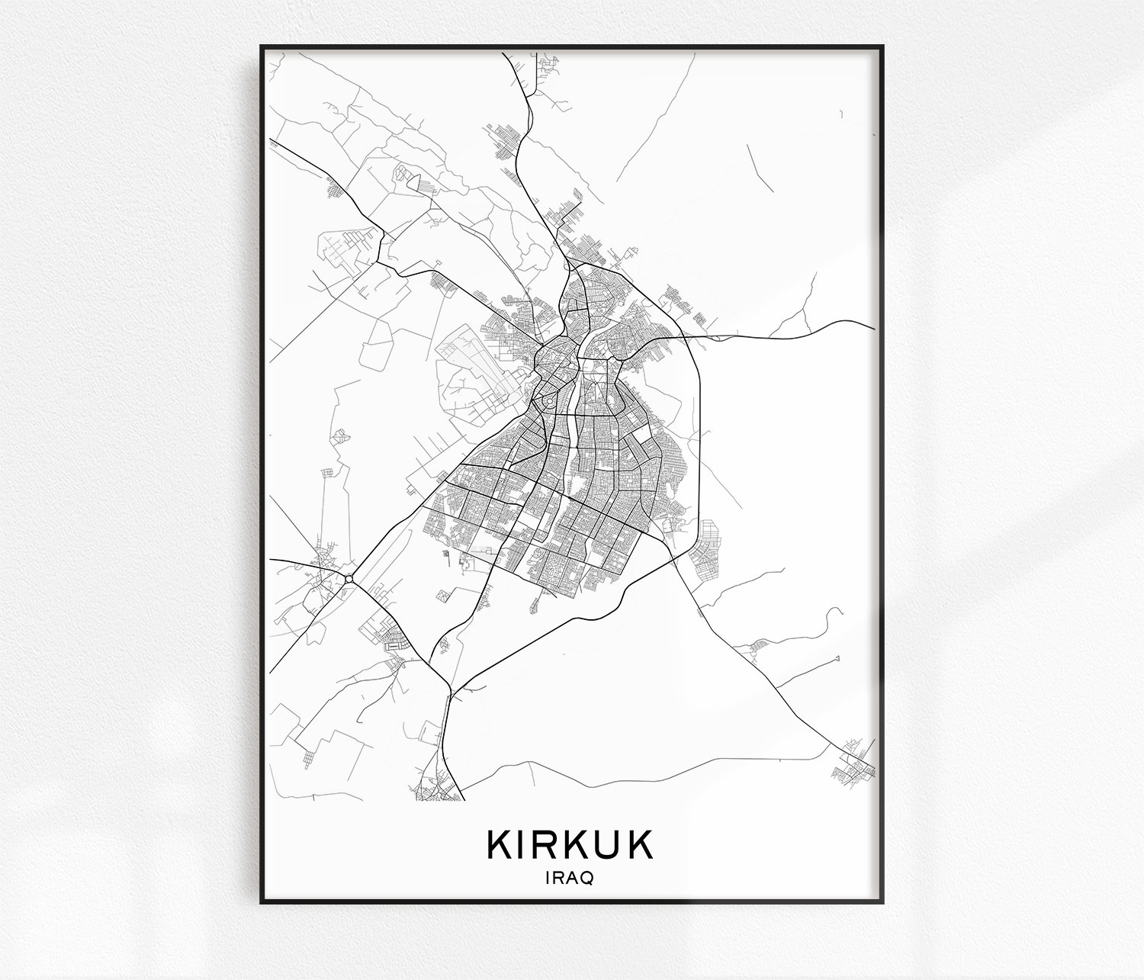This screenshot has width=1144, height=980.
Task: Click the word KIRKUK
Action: point(570,844)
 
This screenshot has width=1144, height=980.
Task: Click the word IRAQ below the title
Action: point(570,878)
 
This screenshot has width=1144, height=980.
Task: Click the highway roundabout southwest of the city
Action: point(349,579)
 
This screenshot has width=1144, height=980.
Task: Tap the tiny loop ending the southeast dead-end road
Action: point(838,657)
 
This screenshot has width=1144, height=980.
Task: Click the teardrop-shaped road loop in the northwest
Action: point(414,182)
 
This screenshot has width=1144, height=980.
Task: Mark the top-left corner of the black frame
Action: point(262,47)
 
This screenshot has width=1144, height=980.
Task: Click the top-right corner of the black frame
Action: point(882,47)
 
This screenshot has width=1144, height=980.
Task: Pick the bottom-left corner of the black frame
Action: point(262,902)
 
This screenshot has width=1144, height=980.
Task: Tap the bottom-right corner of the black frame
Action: point(882,902)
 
